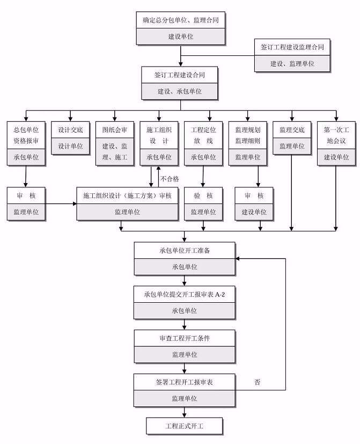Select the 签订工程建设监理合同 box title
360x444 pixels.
tap(292, 47)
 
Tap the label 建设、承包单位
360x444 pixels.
tap(179, 91)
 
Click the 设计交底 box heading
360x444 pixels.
tap(70, 130)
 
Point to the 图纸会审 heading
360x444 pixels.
tap(115, 130)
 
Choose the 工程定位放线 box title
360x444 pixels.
tap(203, 135)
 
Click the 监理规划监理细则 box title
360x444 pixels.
tap(248, 135)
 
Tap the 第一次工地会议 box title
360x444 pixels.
tap(336, 135)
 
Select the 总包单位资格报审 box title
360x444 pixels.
tap(26, 135)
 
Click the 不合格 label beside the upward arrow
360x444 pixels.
tap(170, 179)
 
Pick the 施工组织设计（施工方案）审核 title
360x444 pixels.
tap(127, 195)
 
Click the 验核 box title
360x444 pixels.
tap(203, 195)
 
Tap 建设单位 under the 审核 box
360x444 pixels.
tap(254, 212)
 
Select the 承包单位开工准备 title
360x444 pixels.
tap(185, 251)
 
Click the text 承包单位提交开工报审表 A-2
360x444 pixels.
tap(184, 295)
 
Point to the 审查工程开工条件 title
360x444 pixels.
tap(185, 338)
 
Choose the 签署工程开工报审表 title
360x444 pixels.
tap(184, 382)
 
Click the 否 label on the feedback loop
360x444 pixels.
tap(258, 382)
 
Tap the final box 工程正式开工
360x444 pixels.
tap(184, 426)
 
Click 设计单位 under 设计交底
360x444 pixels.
tap(70, 147)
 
